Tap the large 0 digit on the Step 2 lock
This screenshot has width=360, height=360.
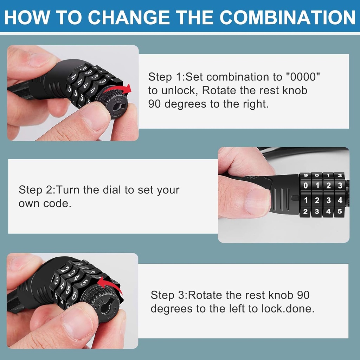[x=306, y=185]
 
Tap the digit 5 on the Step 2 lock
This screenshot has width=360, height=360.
[x=339, y=212]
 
